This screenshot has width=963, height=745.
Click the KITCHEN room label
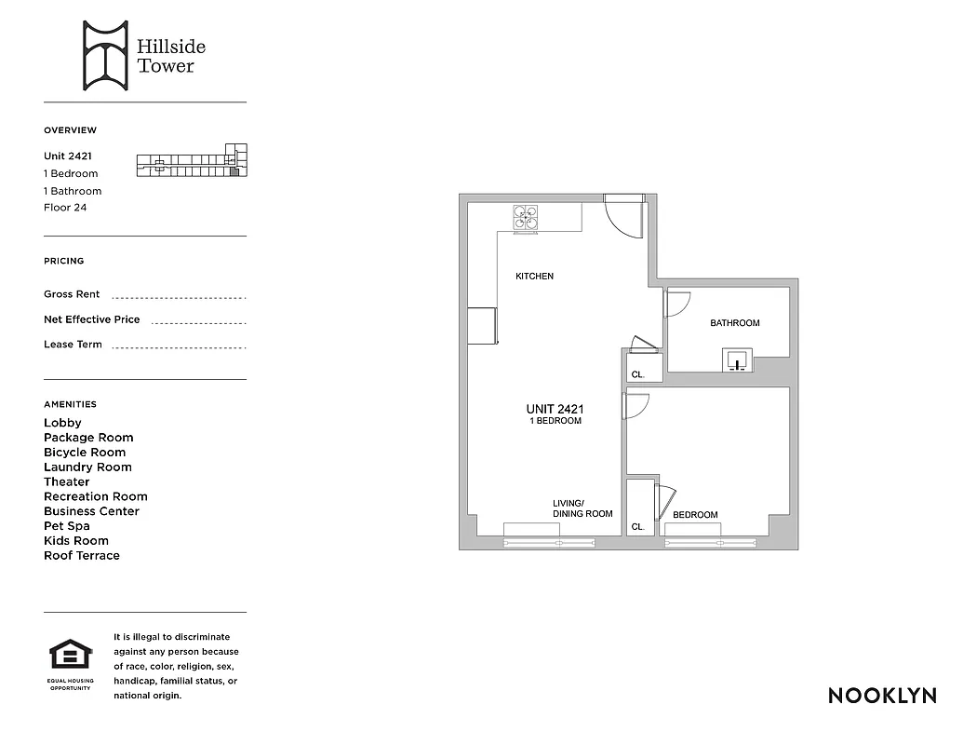535,277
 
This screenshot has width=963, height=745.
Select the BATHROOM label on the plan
735,323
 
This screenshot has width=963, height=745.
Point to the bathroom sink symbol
739,359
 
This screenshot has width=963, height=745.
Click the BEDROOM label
695,515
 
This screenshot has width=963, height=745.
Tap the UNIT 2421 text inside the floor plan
555,409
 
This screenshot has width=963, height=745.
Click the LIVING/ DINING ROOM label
582,508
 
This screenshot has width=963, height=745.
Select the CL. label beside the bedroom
637,527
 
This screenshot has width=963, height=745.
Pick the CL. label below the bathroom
637,374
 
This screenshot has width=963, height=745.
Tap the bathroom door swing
677,303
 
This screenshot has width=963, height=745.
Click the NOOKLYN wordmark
882,696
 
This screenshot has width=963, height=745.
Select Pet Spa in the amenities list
67,526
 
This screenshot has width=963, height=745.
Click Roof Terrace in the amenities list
82,556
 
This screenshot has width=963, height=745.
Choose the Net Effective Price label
92,319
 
